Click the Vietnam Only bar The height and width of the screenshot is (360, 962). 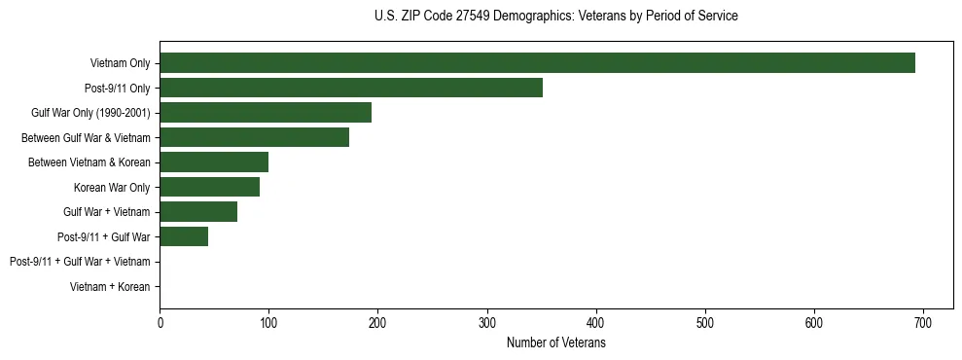click(537, 63)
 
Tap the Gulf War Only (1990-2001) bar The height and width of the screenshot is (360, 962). click(266, 113)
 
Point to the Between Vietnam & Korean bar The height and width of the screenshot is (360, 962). click(214, 162)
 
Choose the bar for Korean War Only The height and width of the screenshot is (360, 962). click(209, 187)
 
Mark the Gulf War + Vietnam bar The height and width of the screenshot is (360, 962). click(198, 212)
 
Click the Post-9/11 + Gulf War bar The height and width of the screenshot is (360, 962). click(184, 236)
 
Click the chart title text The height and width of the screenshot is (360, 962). click(555, 17)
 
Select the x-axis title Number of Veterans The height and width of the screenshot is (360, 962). click(555, 343)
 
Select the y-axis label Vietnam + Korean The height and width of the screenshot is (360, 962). click(110, 287)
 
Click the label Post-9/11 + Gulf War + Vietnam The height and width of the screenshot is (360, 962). click(80, 262)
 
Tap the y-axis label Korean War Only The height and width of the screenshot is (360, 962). click(112, 188)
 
